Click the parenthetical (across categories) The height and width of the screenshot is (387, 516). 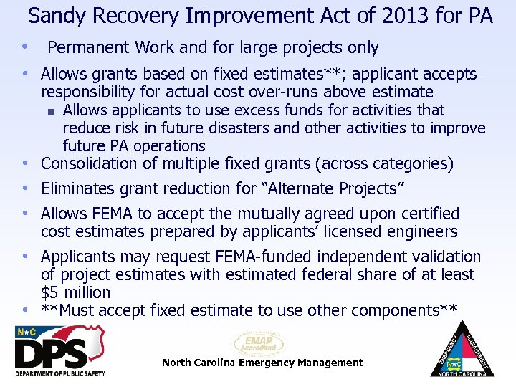384,164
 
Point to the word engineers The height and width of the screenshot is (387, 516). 420,231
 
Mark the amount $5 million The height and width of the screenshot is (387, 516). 76,292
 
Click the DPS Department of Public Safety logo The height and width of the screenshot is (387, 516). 59,351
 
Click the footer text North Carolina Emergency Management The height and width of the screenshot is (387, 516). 262,363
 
